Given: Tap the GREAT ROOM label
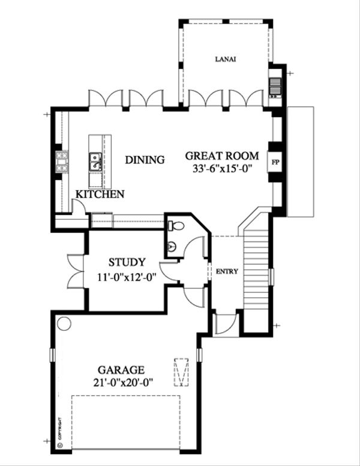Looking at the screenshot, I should point(217,154).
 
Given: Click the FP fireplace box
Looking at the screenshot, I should point(275,162).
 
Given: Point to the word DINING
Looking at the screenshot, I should point(145,160).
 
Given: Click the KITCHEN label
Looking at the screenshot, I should point(100,194).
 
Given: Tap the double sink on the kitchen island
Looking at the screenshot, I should point(95,161).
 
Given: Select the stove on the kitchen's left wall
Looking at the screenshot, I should point(61,162).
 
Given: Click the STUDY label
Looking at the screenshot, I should point(127,262).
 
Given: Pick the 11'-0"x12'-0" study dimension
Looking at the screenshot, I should point(127,277).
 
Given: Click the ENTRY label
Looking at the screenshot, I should point(227,271).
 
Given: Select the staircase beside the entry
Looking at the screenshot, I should point(256,270).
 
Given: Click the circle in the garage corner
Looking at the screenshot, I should point(64,323).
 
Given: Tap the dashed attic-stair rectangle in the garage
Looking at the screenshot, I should point(181,374).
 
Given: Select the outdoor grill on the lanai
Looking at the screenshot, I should point(275,87).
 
